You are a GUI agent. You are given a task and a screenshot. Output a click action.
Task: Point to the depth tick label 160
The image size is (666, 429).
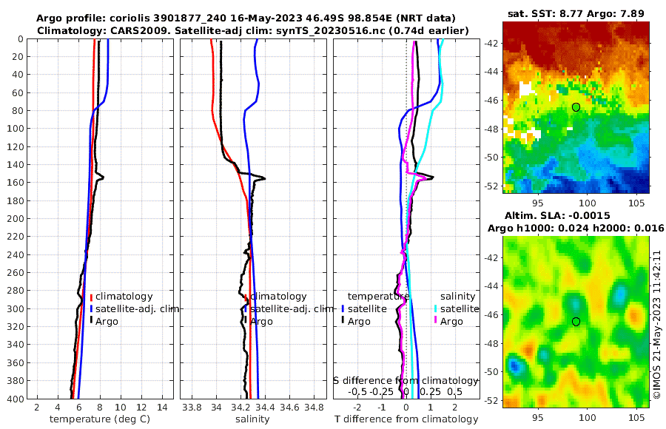(13, 182)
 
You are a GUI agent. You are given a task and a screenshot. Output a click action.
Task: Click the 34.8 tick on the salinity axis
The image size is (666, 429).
(313, 407)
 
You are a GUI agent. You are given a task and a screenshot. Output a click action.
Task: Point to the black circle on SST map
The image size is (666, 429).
(576, 107)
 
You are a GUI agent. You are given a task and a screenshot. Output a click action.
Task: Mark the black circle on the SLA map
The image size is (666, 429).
(576, 321)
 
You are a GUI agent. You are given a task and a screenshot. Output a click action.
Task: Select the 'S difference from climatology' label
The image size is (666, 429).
(405, 380)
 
